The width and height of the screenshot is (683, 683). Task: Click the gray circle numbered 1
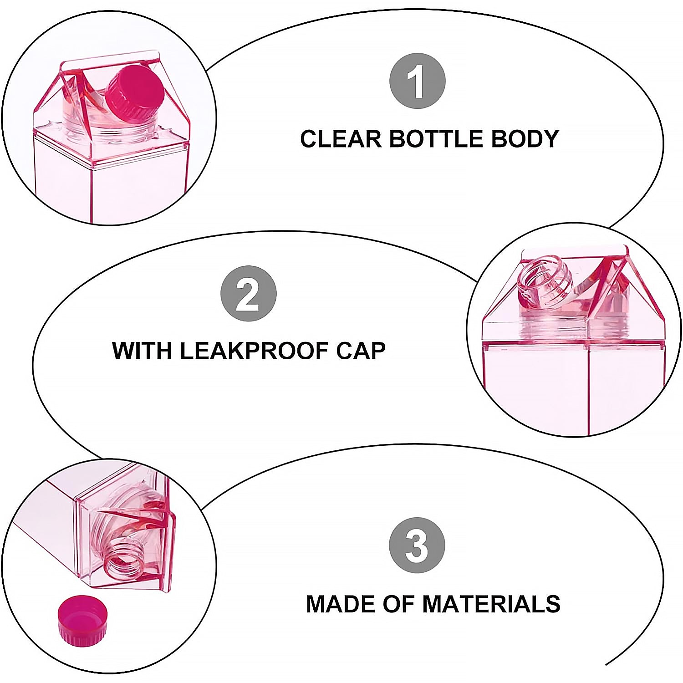pyautogui.click(x=417, y=81)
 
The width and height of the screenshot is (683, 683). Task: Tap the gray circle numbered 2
pyautogui.click(x=248, y=294)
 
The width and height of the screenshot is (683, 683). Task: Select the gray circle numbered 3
pyautogui.click(x=417, y=545)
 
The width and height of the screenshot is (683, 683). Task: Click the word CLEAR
pyautogui.click(x=341, y=139)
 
